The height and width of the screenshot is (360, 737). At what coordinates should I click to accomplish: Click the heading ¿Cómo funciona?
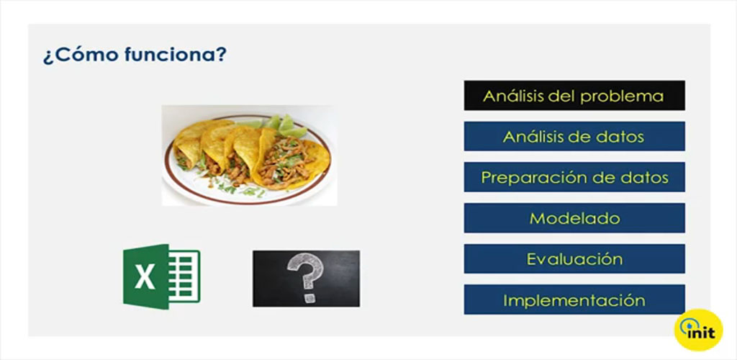coord(135,55)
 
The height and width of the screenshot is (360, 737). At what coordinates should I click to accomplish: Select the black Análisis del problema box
coord(574,96)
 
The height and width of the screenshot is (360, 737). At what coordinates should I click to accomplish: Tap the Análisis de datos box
coord(574,136)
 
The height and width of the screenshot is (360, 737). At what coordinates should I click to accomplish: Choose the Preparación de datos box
coord(574,177)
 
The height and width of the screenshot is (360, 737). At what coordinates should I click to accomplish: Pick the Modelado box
coord(574,218)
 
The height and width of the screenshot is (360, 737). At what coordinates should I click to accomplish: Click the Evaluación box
coord(574,259)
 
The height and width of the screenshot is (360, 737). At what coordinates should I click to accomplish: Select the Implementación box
coord(574,300)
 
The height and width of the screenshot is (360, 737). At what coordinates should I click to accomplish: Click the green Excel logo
coord(162,276)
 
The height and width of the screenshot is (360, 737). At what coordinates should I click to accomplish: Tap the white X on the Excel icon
coord(145,277)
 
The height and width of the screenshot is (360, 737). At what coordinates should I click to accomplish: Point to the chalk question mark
coord(306,277)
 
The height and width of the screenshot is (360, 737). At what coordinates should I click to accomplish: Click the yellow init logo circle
coord(698,330)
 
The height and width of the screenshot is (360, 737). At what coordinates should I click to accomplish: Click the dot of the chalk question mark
coord(309,298)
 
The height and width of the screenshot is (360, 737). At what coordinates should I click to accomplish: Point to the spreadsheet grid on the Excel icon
coord(184,276)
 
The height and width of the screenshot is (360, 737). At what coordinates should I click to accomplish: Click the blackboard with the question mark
coord(306,279)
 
